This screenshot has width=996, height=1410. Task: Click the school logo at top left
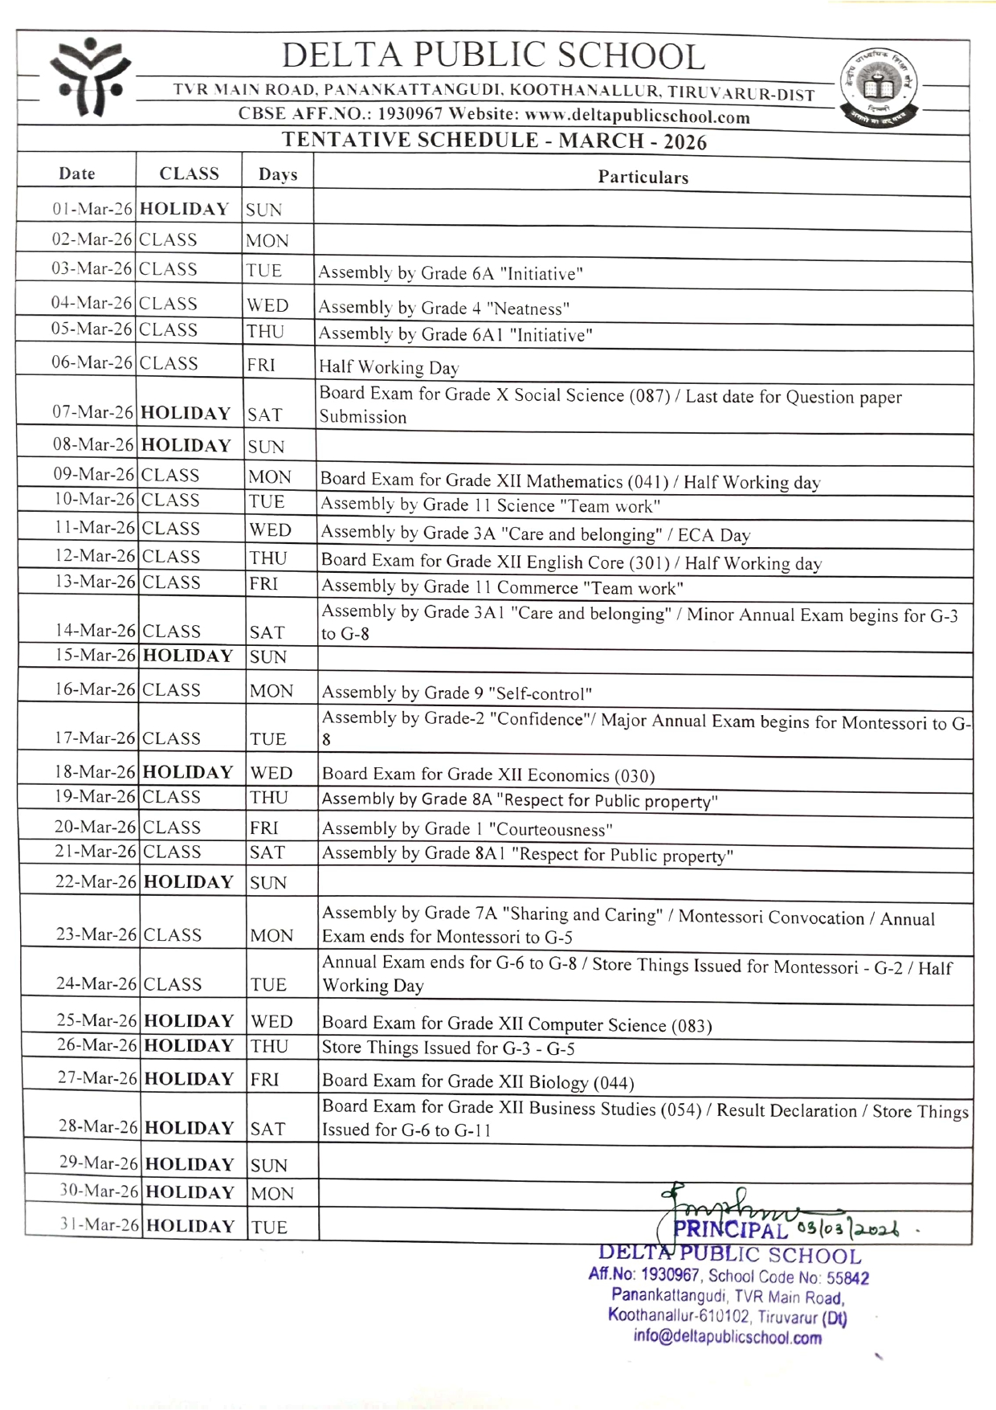pyautogui.click(x=89, y=78)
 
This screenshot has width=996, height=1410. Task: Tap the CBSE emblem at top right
pyautogui.click(x=879, y=86)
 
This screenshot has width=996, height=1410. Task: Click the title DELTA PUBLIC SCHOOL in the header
pyautogui.click(x=492, y=55)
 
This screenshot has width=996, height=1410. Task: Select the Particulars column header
pyautogui.click(x=643, y=178)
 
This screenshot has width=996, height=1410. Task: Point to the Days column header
pyautogui.click(x=278, y=174)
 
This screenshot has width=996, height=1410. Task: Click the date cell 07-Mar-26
pyautogui.click(x=92, y=412)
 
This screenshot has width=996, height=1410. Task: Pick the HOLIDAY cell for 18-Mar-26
pyautogui.click(x=188, y=772)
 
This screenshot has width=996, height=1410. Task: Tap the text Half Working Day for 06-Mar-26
pyautogui.click(x=389, y=367)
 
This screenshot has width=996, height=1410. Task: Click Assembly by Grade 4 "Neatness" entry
pyautogui.click(x=443, y=309)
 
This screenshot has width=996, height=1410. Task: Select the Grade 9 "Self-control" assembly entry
pyautogui.click(x=457, y=693)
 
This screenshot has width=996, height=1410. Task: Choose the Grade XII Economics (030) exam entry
pyautogui.click(x=488, y=775)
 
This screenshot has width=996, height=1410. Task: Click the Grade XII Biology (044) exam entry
pyautogui.click(x=478, y=1082)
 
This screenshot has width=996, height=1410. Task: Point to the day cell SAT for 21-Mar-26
pyautogui.click(x=267, y=852)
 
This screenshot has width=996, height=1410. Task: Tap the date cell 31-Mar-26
pyautogui.click(x=100, y=1225)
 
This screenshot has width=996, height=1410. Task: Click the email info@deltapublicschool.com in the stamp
pyautogui.click(x=727, y=1338)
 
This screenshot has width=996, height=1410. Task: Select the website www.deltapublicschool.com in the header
pyautogui.click(x=637, y=117)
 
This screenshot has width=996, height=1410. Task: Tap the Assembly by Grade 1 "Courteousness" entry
pyautogui.click(x=467, y=829)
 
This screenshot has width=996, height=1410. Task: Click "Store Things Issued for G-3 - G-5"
pyautogui.click(x=448, y=1048)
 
